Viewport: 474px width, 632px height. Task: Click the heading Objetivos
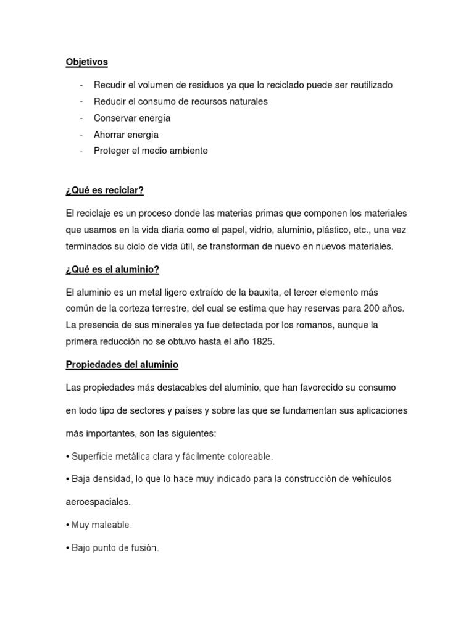coord(87,62)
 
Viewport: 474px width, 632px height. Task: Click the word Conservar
coord(115,118)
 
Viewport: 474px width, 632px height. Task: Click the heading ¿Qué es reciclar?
coord(104,190)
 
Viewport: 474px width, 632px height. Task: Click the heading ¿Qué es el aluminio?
coord(112,269)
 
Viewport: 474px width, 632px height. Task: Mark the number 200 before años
coord(369,308)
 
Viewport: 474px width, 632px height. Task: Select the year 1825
coord(262,341)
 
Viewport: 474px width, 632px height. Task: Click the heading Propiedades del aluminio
coord(122,365)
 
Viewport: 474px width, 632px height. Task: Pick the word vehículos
coord(372,479)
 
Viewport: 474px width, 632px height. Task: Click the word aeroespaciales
coord(98,502)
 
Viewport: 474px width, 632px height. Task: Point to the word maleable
coord(112,525)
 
